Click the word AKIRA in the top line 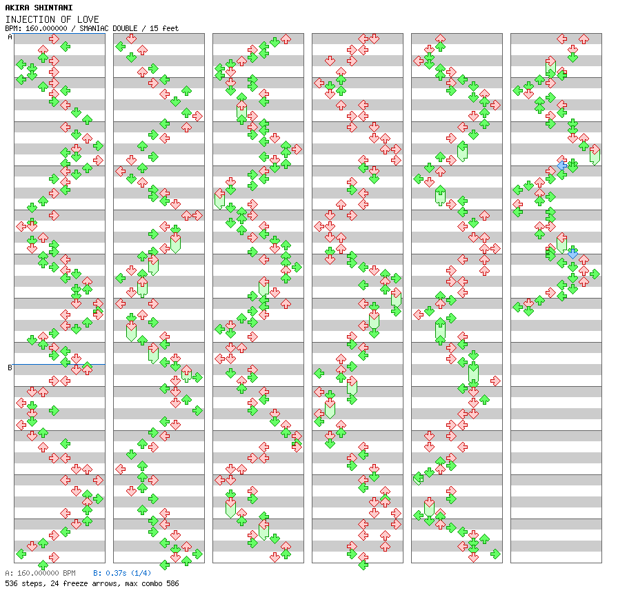(17, 8)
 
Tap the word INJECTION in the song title (27, 19)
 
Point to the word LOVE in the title (89, 19)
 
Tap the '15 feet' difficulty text (165, 28)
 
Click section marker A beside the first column (10, 37)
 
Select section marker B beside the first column (10, 368)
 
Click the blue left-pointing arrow (562, 165)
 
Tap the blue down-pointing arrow (572, 254)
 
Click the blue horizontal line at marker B (59, 364)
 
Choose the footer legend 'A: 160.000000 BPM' (40, 573)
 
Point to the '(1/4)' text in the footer (141, 573)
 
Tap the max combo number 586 (171, 583)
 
